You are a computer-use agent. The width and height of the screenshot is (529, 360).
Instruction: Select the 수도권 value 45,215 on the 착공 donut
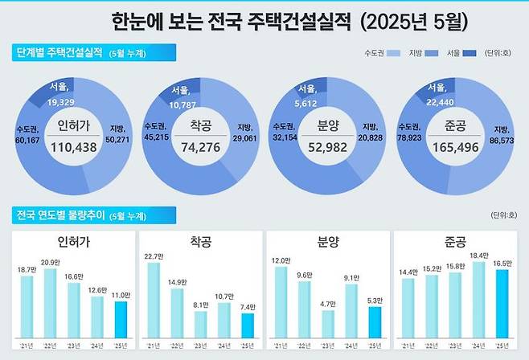tap(156, 137)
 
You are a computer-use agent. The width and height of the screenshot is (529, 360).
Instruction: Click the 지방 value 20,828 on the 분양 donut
tap(375, 137)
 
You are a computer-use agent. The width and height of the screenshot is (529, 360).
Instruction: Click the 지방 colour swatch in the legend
tap(431, 53)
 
